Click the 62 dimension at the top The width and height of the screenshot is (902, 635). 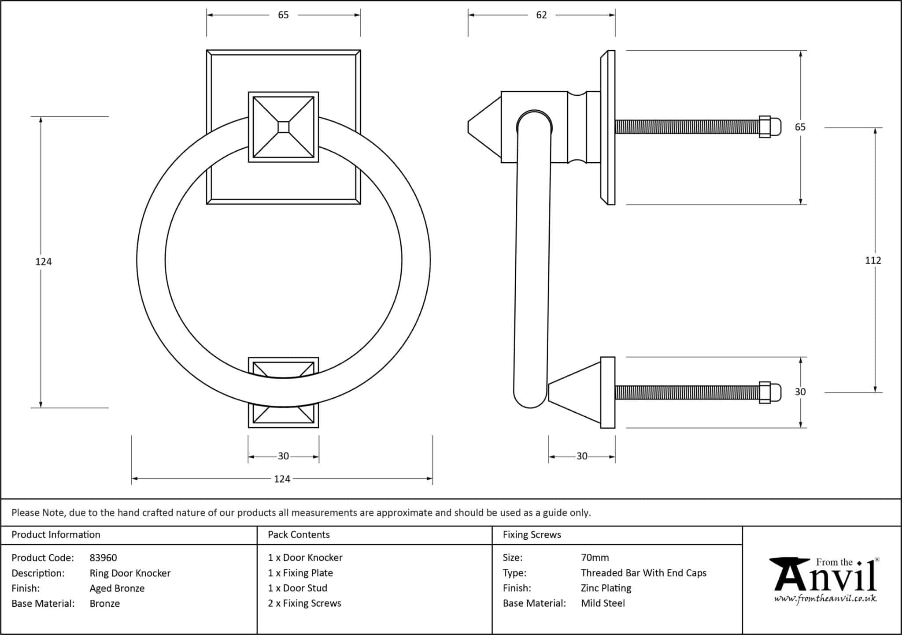pos(541,15)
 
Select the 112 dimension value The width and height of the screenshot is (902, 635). pos(872,261)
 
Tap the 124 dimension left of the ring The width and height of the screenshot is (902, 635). pos(44,262)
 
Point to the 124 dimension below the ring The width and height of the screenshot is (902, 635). pos(282,479)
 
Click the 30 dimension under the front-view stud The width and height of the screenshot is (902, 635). pos(283,456)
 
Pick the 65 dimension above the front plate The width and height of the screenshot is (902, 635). pos(283,15)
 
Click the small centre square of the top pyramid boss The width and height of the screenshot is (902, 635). pos(284,127)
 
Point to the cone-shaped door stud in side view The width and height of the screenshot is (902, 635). pos(574,392)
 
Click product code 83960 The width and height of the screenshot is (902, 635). pos(104,558)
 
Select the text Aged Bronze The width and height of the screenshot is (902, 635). pos(117,588)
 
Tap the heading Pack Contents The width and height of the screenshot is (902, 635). pos(299,535)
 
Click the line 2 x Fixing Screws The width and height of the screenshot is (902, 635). pos(304,603)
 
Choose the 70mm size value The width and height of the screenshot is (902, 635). pos(595,558)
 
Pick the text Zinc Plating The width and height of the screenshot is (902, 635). pos(606,588)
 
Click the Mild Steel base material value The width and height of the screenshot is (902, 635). pos(603,603)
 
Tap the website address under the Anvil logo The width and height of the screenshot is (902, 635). pos(825,599)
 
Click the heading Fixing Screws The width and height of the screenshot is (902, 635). pos(532,535)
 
